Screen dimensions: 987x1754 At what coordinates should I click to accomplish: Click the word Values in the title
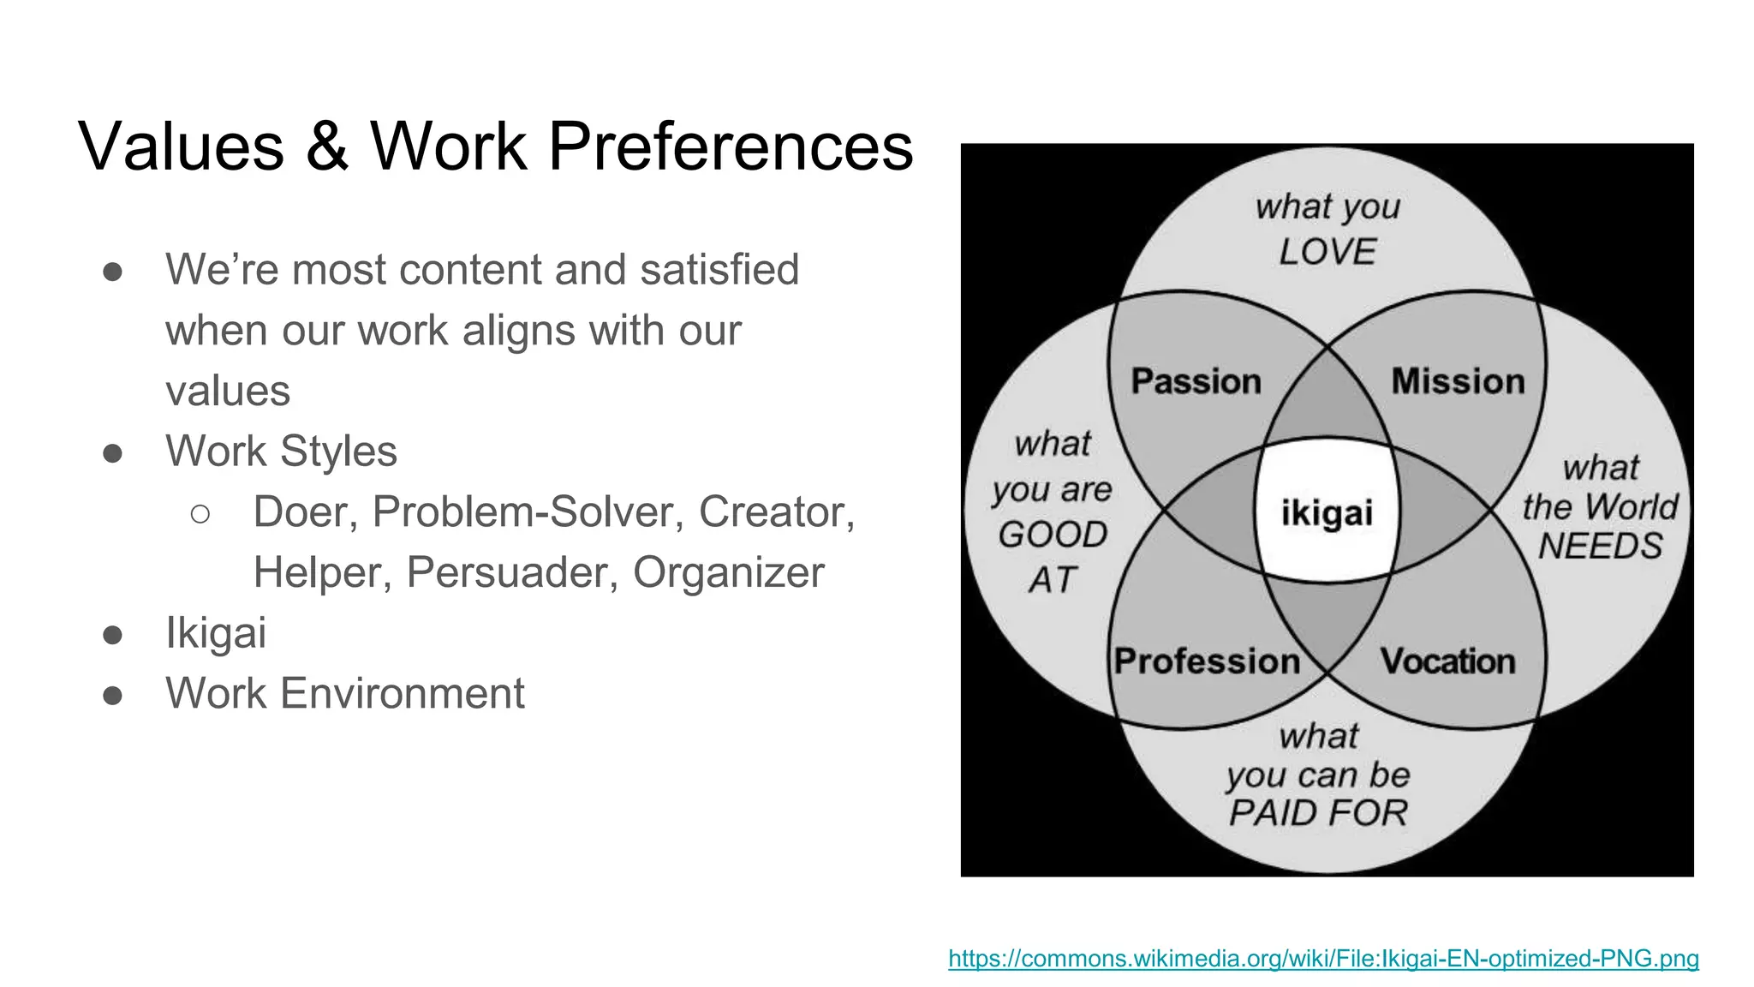coord(181,147)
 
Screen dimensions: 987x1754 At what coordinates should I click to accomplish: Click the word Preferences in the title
coord(731,147)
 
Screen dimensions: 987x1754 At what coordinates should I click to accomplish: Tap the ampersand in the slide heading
coord(326,147)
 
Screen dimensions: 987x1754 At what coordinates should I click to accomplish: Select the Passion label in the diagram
coord(1196,381)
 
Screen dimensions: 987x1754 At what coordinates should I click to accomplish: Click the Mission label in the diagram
coord(1458,381)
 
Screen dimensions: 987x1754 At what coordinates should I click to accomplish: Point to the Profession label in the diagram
coord(1207,661)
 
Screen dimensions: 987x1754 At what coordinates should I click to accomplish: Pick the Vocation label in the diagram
coord(1447,661)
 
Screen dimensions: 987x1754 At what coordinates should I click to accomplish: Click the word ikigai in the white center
coord(1327,513)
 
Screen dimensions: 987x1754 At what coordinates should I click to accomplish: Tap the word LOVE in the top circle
coord(1327,252)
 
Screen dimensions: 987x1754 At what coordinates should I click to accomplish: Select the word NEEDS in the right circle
coord(1600,546)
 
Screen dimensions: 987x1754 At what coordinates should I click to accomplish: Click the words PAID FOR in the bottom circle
coord(1318,812)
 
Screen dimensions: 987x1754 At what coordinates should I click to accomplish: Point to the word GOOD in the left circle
coord(1053,535)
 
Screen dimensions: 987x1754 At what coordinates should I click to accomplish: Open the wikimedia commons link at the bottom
coord(1323,958)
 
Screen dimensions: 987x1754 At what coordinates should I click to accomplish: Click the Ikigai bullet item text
coord(216,633)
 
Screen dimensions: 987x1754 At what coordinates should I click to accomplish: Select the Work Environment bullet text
coord(344,693)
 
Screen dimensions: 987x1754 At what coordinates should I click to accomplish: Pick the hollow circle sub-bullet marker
coord(200,513)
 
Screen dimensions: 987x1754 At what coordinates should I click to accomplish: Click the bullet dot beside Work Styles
coord(112,452)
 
